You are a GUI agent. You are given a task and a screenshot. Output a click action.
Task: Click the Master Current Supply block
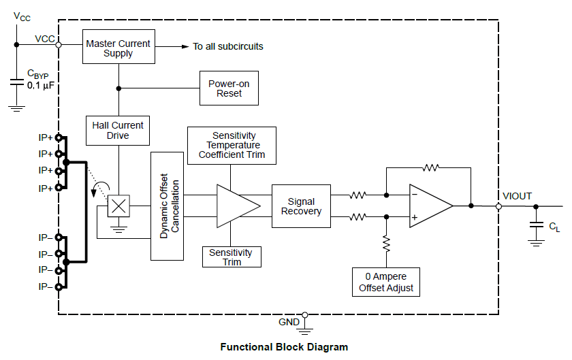[118, 48]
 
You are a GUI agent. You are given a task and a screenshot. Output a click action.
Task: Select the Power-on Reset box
[229, 88]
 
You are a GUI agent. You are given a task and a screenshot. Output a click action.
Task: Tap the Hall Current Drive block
[118, 130]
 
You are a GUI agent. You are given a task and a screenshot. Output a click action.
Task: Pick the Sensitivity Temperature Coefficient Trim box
[232, 145]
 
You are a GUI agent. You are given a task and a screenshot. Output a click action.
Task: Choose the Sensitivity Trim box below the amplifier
[232, 257]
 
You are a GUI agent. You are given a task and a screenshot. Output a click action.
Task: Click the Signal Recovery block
[301, 206]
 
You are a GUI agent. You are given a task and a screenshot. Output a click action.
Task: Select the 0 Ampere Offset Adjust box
[386, 282]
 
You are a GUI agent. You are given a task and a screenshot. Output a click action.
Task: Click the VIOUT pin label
[518, 196]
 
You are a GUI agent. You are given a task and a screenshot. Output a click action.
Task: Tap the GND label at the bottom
[289, 321]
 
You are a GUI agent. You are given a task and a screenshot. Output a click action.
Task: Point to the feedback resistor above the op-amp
[430, 167]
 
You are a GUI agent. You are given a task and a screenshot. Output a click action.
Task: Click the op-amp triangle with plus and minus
[429, 206]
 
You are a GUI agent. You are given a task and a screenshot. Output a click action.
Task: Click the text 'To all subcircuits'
[227, 47]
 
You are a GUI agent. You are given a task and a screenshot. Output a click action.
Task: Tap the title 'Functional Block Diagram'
[284, 347]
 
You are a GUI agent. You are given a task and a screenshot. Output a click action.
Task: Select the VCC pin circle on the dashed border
[59, 45]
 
